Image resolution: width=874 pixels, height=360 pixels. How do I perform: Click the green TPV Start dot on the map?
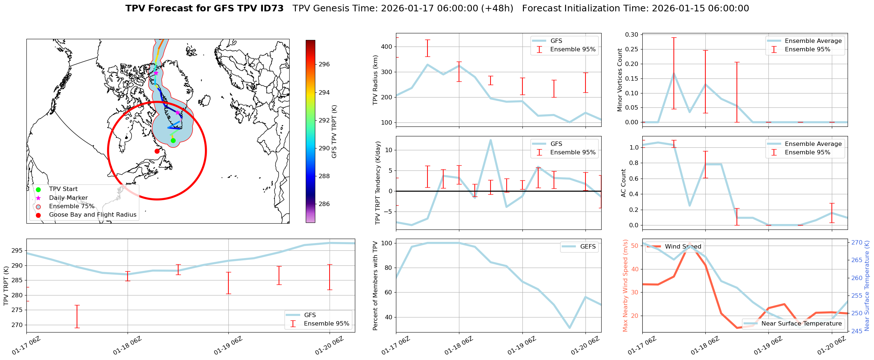point(173,140)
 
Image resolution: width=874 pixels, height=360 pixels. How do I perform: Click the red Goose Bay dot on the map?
point(157,151)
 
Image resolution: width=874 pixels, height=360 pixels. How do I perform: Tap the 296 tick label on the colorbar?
point(324,65)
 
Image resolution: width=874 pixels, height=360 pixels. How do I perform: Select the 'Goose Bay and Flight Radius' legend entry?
point(92,215)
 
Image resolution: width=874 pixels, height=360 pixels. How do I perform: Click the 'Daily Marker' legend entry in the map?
point(68,198)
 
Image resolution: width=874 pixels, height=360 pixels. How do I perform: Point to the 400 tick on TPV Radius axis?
point(387,47)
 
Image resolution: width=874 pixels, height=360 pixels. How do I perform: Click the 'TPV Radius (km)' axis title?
point(375,80)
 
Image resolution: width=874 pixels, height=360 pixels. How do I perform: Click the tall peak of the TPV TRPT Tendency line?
point(490,140)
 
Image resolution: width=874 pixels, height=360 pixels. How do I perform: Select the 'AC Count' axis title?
point(624,183)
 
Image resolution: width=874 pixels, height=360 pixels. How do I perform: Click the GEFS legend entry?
point(588,247)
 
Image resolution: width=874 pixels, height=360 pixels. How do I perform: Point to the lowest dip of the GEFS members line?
point(569,328)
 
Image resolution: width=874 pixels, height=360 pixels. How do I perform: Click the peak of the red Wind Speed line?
point(690,243)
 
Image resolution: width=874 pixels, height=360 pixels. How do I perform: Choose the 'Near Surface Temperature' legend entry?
point(801,324)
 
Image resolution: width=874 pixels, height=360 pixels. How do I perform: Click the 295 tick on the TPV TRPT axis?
point(17,251)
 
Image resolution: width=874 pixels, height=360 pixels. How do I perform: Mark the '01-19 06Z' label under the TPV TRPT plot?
point(228,345)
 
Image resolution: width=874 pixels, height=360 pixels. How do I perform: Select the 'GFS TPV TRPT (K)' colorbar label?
point(334,132)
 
